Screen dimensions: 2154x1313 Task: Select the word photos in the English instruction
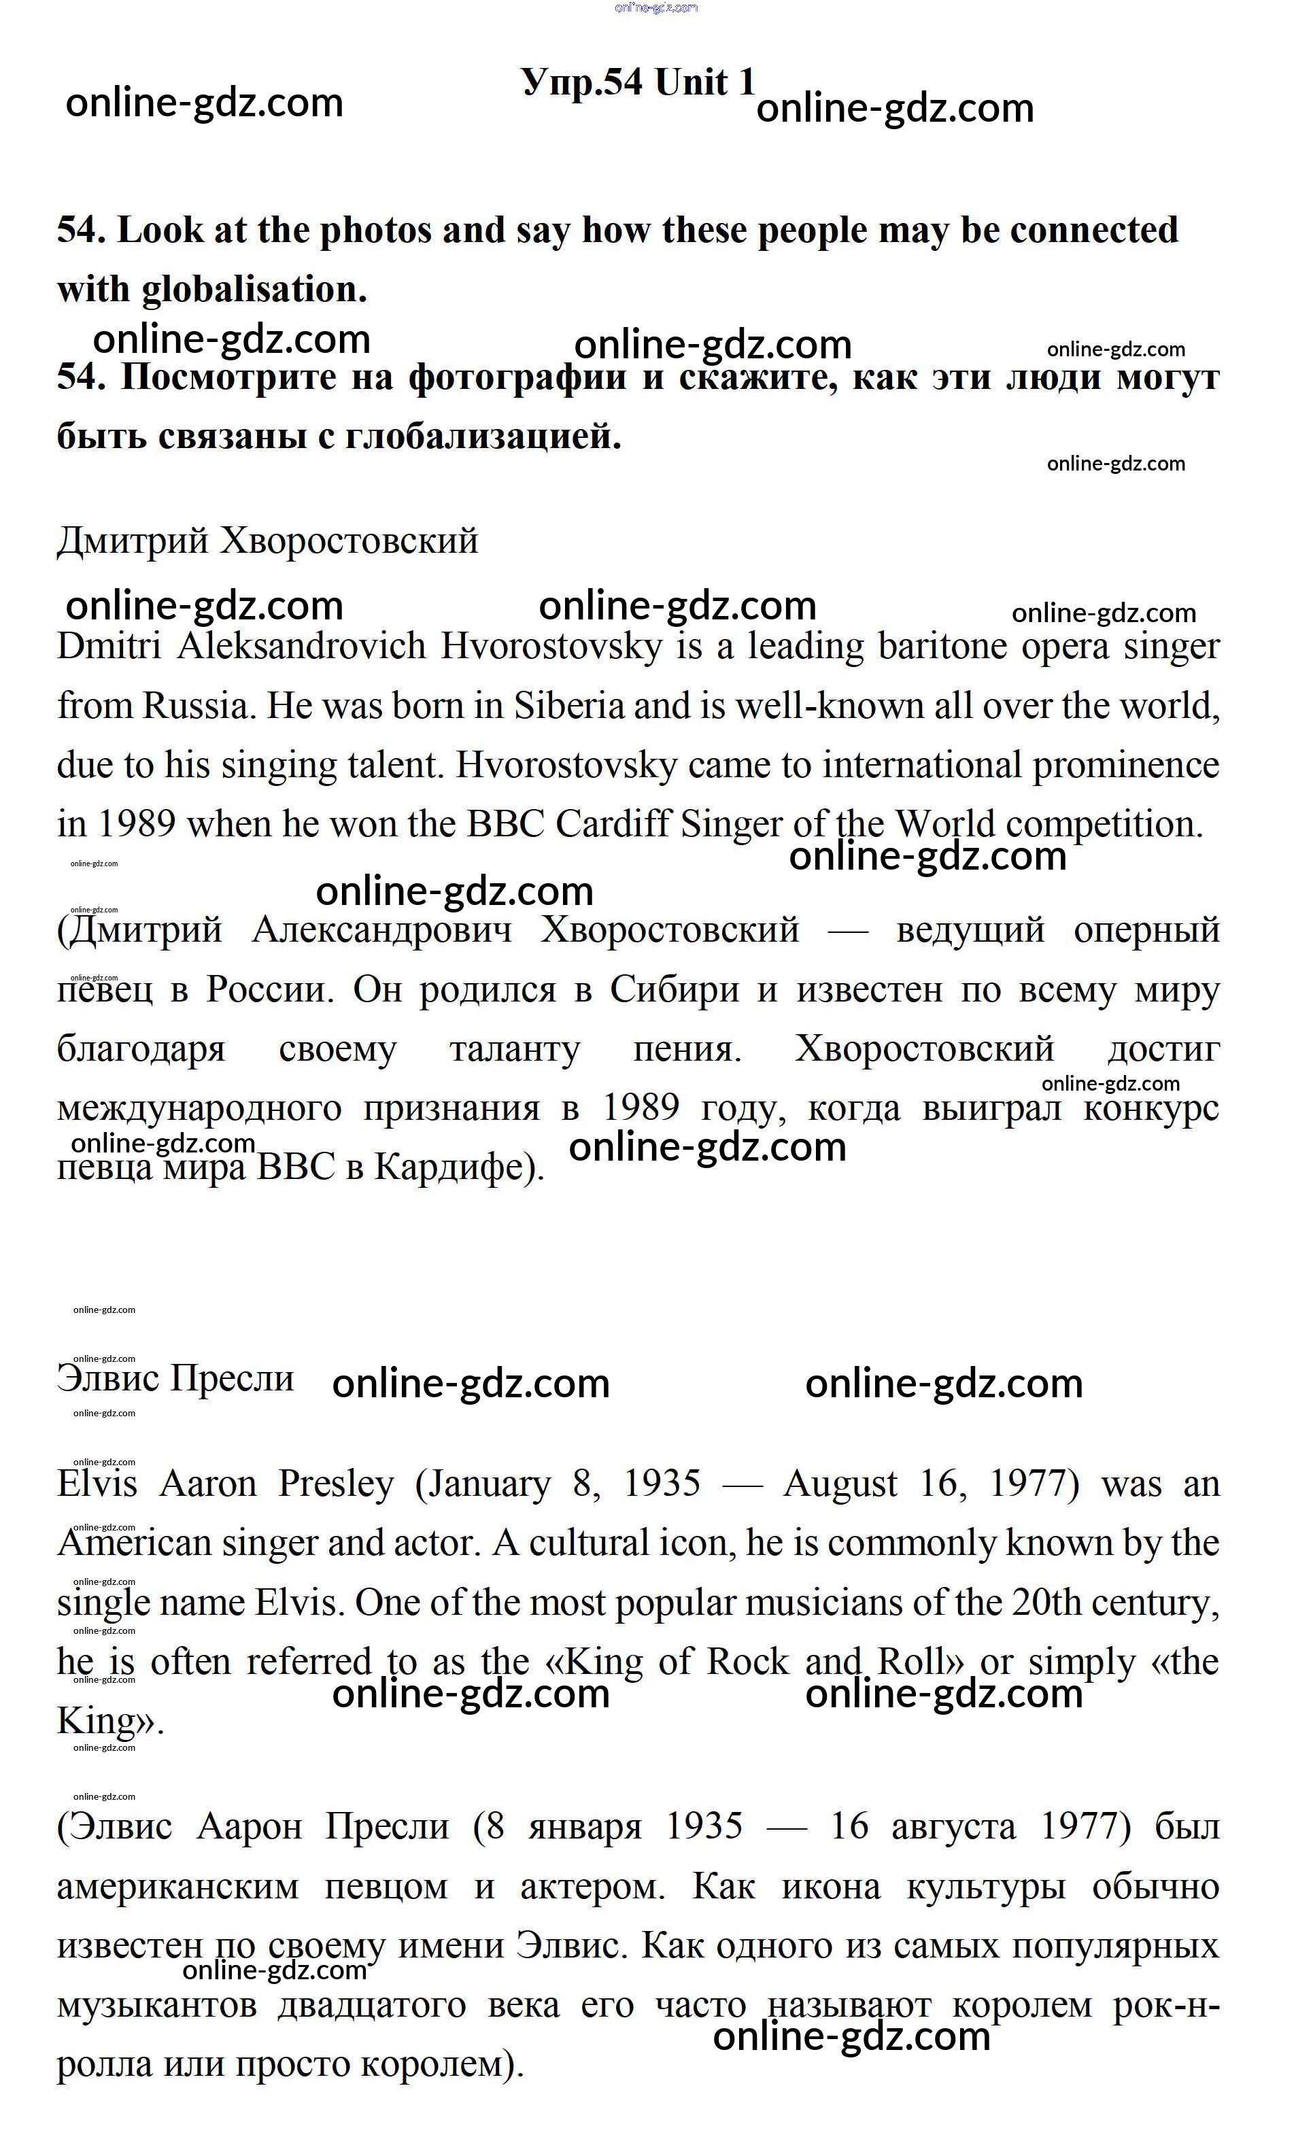pyautogui.click(x=379, y=230)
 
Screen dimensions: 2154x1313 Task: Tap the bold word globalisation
pyautogui.click(x=254, y=290)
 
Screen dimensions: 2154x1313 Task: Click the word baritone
pyautogui.click(x=940, y=647)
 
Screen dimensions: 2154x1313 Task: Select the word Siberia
pyautogui.click(x=569, y=706)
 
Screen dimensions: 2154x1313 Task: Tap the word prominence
pyautogui.click(x=1126, y=766)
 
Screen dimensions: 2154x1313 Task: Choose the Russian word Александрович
pyautogui.click(x=382, y=930)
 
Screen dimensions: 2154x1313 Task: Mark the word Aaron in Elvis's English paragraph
pyautogui.click(x=208, y=1484)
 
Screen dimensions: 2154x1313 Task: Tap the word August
pyautogui.click(x=840, y=1484)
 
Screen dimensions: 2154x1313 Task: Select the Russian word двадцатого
pyautogui.click(x=373, y=2005)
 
